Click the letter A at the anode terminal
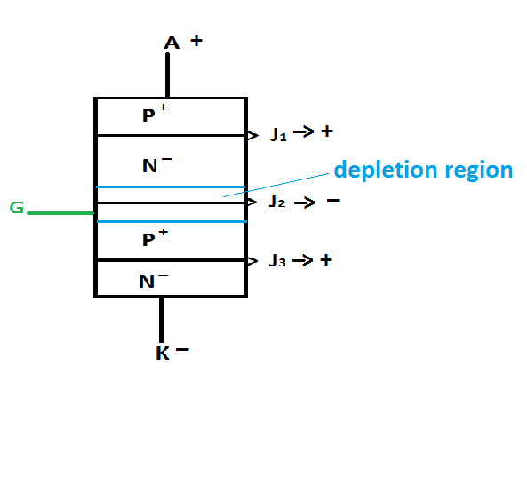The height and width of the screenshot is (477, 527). pos(172,43)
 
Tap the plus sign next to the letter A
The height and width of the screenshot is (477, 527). pos(196,41)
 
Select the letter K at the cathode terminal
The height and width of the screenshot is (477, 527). pos(162,354)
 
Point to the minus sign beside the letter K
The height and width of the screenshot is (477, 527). pos(182,350)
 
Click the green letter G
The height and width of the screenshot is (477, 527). pos(16,208)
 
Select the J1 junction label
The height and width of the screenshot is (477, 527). pos(279,135)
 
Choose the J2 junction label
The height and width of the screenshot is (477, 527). pos(277,202)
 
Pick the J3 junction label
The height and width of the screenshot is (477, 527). pos(278,261)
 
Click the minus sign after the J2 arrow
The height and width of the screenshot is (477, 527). pos(332,201)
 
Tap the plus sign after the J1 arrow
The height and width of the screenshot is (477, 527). pos(327,131)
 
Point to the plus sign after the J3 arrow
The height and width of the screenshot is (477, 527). pos(326,260)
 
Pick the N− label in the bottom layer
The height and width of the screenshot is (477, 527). pos(153,282)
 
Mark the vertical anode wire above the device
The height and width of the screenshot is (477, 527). pos(167,76)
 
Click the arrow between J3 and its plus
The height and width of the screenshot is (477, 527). pos(303,260)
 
